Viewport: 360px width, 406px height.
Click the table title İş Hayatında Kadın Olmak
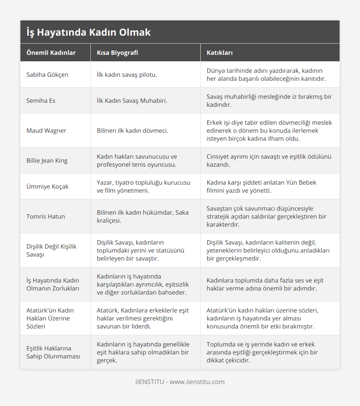[88, 32]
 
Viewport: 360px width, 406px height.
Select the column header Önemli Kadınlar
[51, 53]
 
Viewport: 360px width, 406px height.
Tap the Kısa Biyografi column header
[117, 53]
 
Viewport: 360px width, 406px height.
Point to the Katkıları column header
[220, 53]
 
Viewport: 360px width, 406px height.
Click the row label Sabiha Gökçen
[47, 75]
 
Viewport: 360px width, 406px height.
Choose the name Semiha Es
[41, 101]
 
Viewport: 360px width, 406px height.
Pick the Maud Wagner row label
[46, 131]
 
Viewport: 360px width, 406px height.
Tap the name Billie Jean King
[47, 161]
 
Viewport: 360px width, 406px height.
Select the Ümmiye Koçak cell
[47, 187]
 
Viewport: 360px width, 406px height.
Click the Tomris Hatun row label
[46, 216]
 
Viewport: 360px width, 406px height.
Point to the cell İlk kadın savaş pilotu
[127, 75]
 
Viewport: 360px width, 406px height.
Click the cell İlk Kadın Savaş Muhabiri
[132, 101]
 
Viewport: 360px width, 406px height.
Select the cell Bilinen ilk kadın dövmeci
[132, 131]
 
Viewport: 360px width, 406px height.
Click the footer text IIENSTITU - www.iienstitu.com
[180, 382]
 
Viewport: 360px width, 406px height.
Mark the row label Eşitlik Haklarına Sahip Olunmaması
[53, 352]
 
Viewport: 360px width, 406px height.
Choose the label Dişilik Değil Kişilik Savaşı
[51, 250]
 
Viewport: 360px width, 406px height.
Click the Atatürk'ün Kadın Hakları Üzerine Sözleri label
[50, 318]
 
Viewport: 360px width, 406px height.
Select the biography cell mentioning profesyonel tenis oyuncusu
[136, 161]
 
